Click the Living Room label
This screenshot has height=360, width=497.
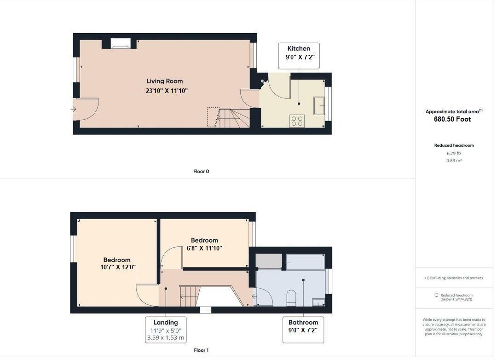(x=165, y=81)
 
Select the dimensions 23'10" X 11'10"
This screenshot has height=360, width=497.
(x=167, y=91)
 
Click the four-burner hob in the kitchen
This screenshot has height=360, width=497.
(x=297, y=121)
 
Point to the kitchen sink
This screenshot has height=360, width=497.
(x=319, y=105)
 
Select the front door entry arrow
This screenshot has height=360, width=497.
(x=74, y=109)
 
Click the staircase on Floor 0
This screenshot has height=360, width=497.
(x=229, y=118)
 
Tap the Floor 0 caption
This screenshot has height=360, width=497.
(x=201, y=171)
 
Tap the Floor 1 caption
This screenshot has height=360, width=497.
(x=201, y=350)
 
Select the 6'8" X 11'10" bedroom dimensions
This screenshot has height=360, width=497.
(x=204, y=248)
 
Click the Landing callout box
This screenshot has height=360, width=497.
(x=165, y=330)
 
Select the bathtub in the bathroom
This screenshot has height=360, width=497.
(x=305, y=261)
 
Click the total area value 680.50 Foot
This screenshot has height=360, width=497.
(x=452, y=119)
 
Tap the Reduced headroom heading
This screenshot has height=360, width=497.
(x=454, y=145)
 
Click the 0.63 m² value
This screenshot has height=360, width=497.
(x=454, y=161)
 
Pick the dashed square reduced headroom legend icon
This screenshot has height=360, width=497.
(x=436, y=295)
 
